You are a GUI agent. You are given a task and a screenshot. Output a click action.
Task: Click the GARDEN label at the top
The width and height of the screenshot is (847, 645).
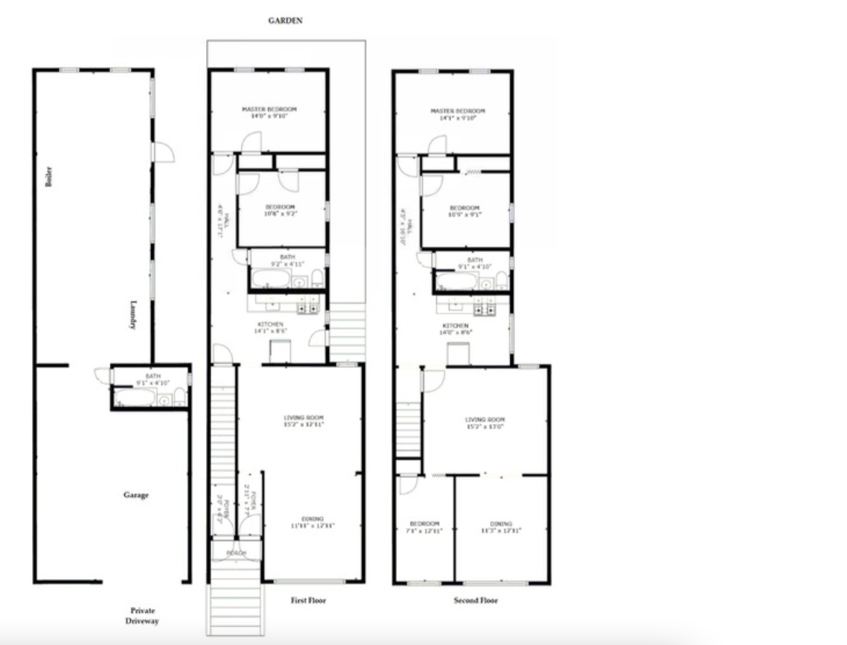[x=285, y=20]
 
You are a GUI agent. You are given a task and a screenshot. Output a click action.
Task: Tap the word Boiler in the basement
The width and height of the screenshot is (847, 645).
[x=49, y=177]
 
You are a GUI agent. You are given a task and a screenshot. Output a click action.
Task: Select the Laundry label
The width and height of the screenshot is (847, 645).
[x=133, y=315]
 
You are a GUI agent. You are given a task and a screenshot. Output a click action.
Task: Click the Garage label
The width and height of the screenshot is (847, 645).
[x=136, y=495]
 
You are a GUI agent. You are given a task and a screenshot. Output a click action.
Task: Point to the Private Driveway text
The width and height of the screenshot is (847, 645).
[x=142, y=615]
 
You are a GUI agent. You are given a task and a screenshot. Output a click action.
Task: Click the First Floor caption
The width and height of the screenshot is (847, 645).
[x=308, y=600]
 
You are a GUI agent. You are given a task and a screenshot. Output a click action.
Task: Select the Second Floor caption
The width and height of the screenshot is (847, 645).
[x=475, y=600]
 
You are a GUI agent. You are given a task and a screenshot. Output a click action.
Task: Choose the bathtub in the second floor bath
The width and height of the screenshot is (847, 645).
[x=457, y=281]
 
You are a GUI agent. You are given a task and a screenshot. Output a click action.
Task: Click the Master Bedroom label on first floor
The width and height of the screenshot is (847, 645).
[x=269, y=112]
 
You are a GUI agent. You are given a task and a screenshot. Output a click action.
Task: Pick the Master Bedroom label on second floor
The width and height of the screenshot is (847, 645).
[x=457, y=114]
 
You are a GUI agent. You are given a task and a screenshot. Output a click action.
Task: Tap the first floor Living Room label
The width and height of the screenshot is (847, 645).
[x=304, y=421]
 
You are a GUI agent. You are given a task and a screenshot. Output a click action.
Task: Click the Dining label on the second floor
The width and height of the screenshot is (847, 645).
[x=501, y=527]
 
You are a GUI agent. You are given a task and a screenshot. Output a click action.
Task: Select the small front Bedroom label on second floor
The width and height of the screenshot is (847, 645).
[x=424, y=527]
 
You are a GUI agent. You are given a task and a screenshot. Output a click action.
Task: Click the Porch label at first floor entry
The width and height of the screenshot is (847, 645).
[x=237, y=553]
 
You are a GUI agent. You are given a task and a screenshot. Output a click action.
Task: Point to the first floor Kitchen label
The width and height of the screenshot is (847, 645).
[x=271, y=327]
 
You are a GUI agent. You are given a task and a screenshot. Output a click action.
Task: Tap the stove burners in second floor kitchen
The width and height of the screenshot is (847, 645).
[x=485, y=310]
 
